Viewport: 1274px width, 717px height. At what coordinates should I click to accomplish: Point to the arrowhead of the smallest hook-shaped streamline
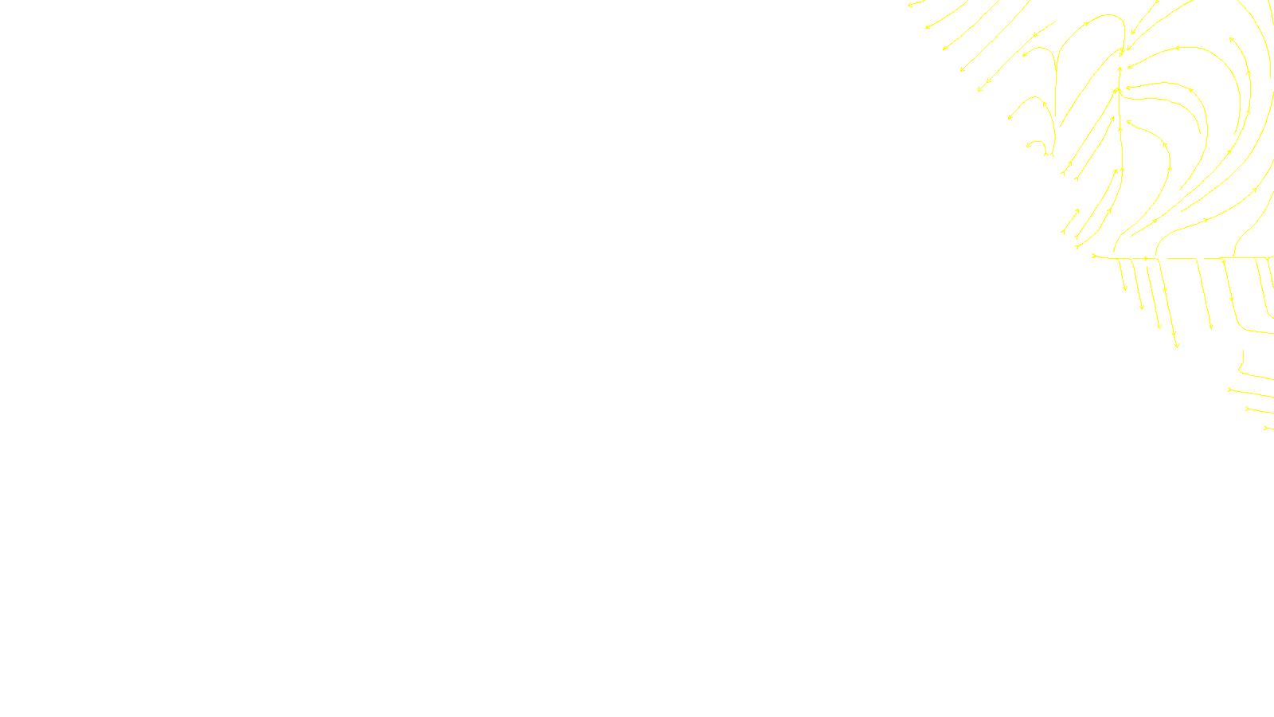point(1029,146)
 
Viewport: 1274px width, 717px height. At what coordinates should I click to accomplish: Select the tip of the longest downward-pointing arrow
point(1177,347)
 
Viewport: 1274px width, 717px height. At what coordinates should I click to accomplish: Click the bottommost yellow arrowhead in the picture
point(1266,428)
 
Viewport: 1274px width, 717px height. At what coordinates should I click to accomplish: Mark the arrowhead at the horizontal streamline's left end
point(1094,256)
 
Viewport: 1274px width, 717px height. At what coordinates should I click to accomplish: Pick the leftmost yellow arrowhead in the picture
point(909,5)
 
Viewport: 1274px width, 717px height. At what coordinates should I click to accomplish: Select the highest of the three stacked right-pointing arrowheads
point(1231,390)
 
